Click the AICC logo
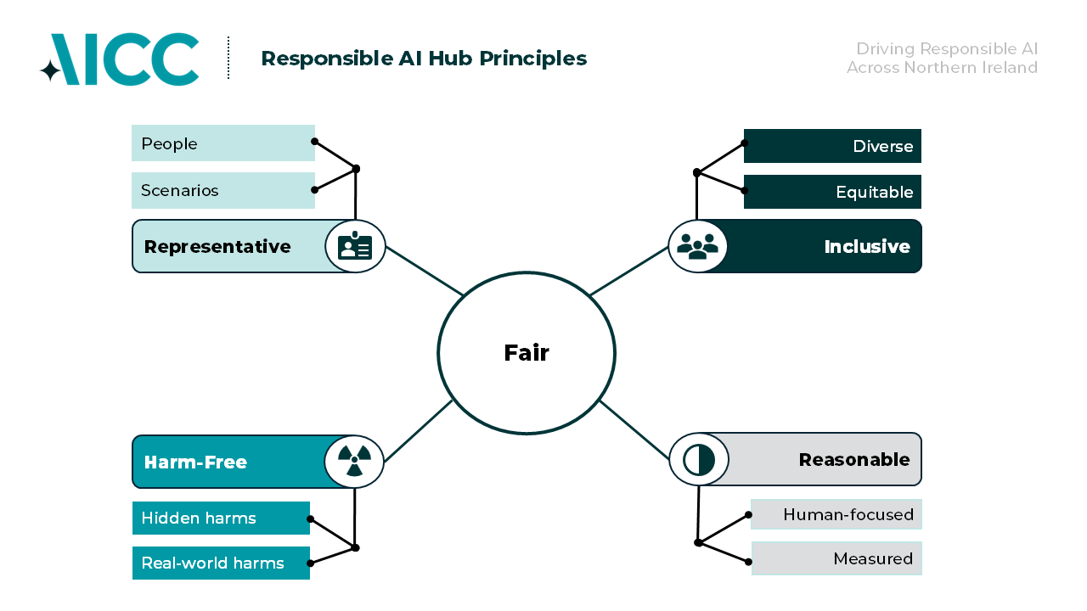pyautogui.click(x=120, y=59)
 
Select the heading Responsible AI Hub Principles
pyautogui.click(x=423, y=59)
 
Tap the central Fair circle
pyautogui.click(x=527, y=353)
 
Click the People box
pyautogui.click(x=222, y=143)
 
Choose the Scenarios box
pyautogui.click(x=222, y=190)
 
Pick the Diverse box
pyautogui.click(x=832, y=146)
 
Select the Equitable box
pyautogui.click(x=832, y=192)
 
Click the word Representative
pyautogui.click(x=217, y=247)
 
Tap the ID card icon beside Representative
pyautogui.click(x=355, y=247)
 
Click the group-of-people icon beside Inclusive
pyautogui.click(x=697, y=247)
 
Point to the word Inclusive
pyautogui.click(x=866, y=247)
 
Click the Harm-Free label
pyautogui.click(x=196, y=462)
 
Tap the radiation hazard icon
pyautogui.click(x=354, y=462)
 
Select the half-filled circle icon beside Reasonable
pyautogui.click(x=699, y=460)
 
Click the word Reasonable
pyautogui.click(x=853, y=460)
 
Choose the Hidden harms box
pyautogui.click(x=221, y=519)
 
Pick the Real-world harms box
pyautogui.click(x=221, y=563)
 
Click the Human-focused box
pyautogui.click(x=836, y=514)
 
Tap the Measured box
pyautogui.click(x=836, y=558)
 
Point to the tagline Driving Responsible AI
pyautogui.click(x=946, y=49)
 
